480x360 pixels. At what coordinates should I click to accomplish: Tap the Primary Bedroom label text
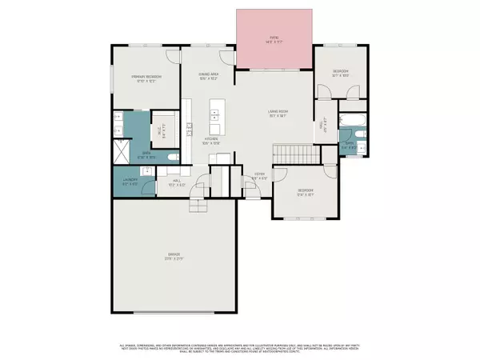coord(143,78)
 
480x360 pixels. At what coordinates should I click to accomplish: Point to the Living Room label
coord(278,114)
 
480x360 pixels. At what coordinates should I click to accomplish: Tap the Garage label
coord(174,258)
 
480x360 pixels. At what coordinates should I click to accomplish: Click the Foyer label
coord(259,175)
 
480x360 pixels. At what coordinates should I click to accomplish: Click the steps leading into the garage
coord(198,205)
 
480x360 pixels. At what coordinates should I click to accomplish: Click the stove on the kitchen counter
coord(190,127)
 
